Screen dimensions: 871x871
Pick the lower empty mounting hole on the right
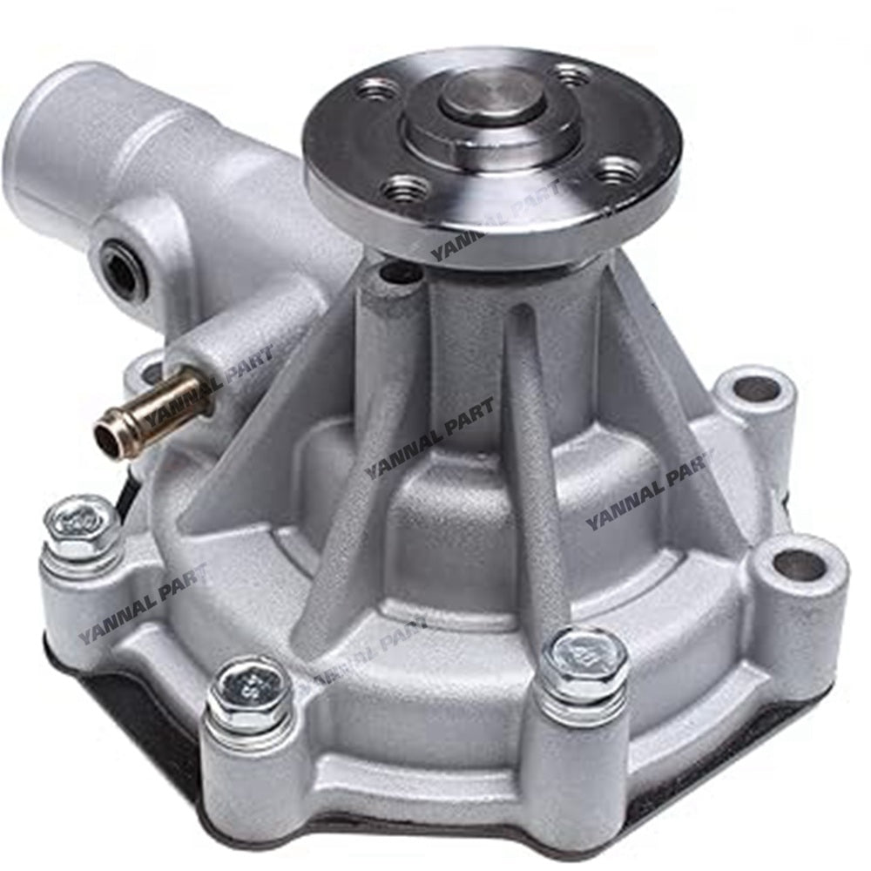798,567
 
